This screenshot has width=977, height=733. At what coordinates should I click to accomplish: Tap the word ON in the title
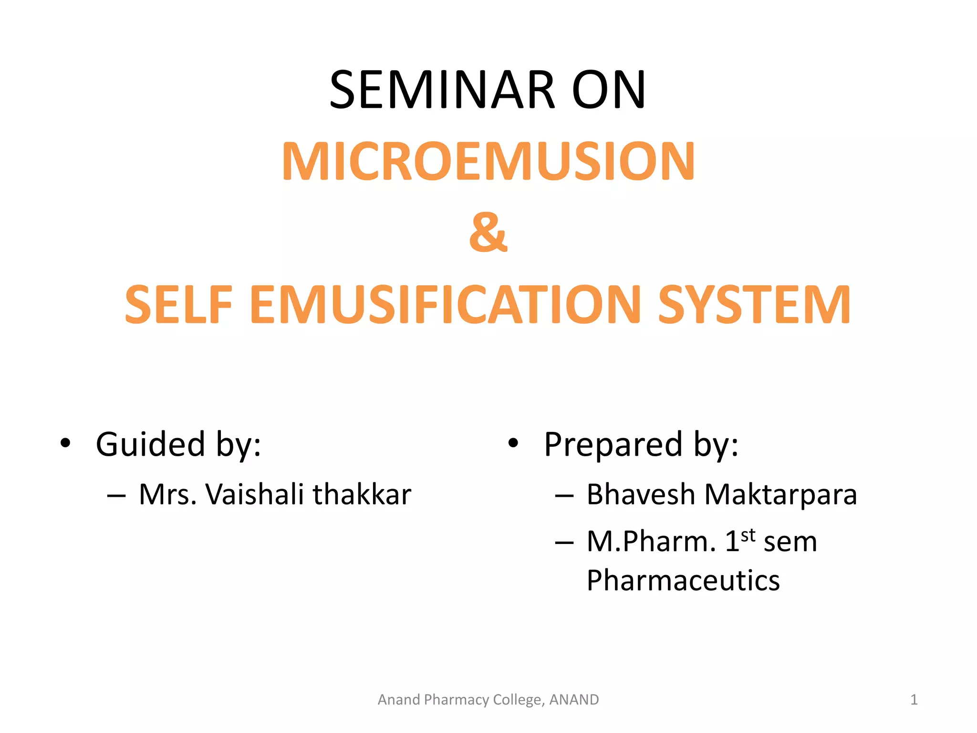609,90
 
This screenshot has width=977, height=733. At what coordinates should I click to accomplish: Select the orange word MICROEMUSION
488,162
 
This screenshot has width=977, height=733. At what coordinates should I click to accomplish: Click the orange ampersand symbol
488,232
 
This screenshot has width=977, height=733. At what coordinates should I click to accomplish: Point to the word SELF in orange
178,305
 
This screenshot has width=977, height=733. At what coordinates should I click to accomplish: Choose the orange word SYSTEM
754,305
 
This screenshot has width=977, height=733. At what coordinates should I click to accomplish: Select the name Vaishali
254,494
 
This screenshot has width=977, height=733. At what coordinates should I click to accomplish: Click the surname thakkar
362,494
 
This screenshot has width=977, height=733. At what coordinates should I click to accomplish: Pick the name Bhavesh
641,494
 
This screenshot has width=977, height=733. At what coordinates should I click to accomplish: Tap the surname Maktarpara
781,494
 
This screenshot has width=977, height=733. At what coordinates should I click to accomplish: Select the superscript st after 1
748,534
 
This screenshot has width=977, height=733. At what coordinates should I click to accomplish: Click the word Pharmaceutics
683,581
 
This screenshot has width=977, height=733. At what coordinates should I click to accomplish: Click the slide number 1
914,700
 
